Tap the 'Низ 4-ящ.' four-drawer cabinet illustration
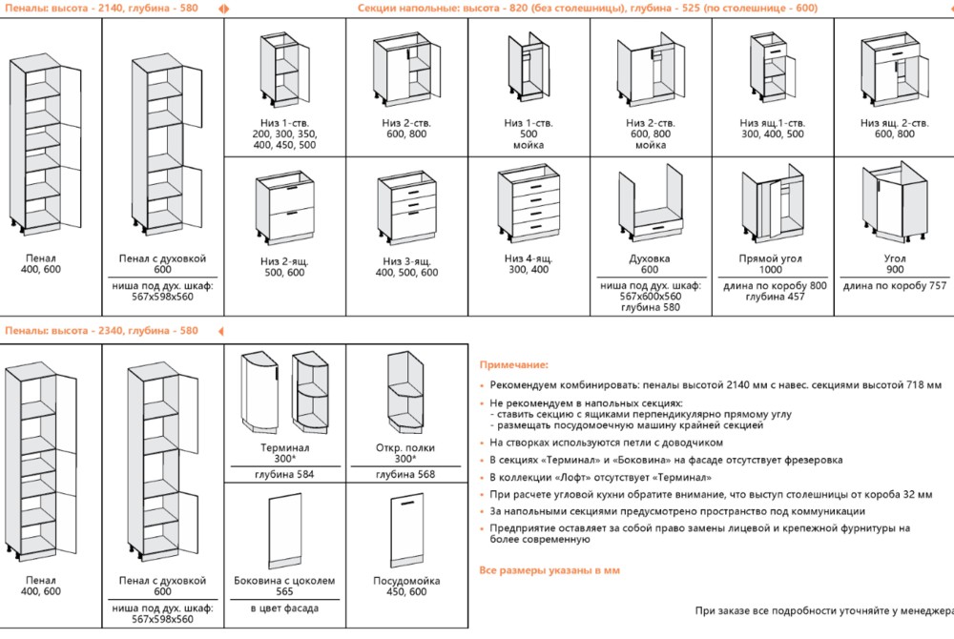pos(529,205)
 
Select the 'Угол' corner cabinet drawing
pos(895,207)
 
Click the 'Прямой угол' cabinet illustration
pos(772,207)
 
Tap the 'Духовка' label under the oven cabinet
pos(650,258)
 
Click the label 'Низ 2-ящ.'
pos(284,260)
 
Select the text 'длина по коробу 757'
pos(894,285)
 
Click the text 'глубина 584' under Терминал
pos(284,474)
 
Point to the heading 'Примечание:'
pos(513,364)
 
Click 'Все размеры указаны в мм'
pos(549,569)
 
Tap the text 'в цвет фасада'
pos(284,608)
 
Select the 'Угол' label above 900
pos(894,258)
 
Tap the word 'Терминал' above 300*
pos(284,447)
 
